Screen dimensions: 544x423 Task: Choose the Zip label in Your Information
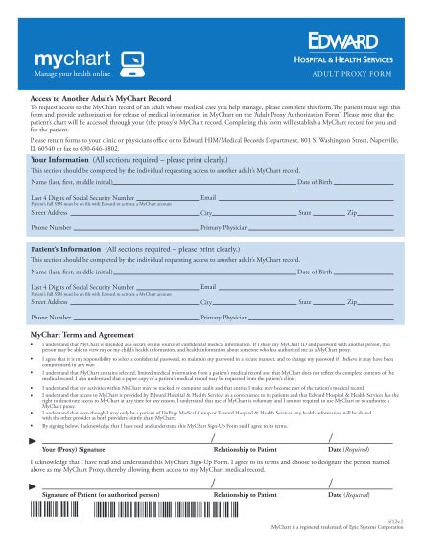(351, 211)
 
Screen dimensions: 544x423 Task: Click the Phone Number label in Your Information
(52, 229)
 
